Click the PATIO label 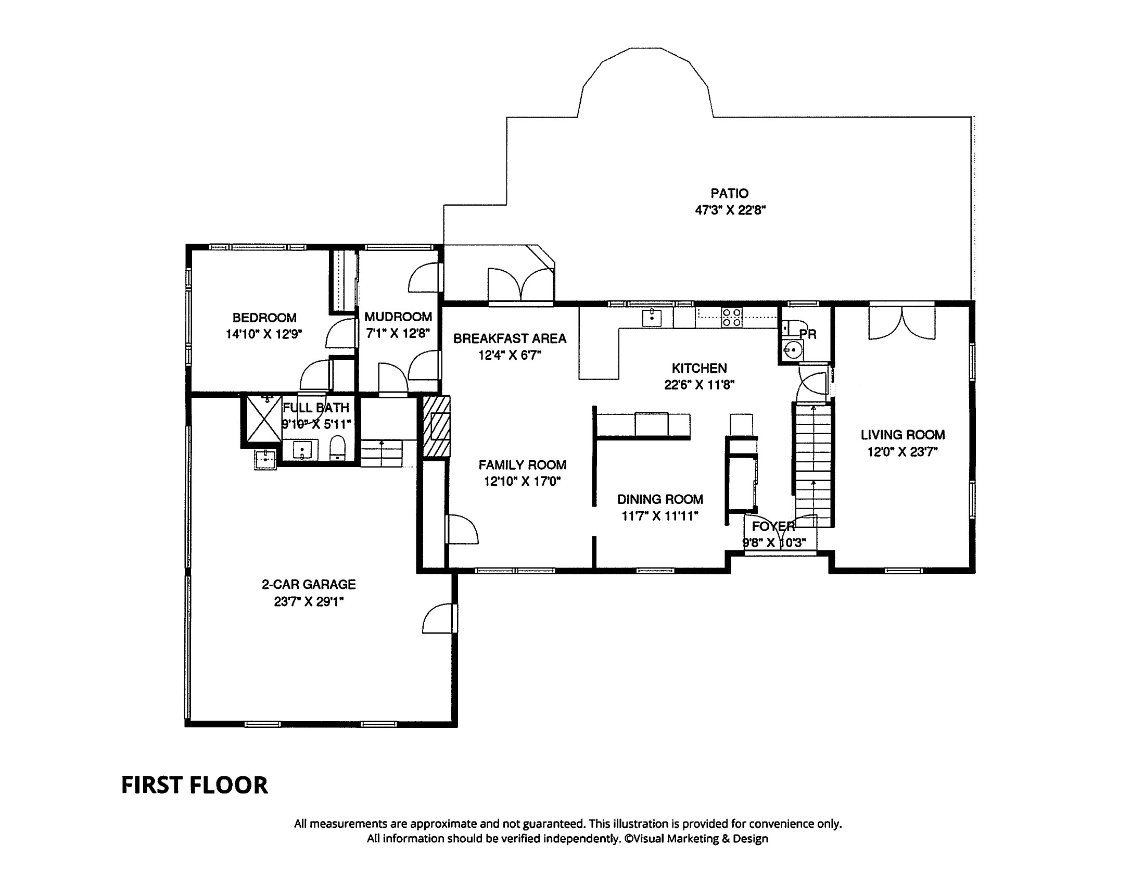(729, 193)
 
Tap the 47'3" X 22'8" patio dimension (730, 211)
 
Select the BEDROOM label (264, 318)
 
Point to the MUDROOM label (398, 317)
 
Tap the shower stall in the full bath (264, 419)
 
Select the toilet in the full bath (338, 448)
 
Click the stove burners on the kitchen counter (732, 318)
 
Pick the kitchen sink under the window (651, 318)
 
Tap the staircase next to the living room (813, 464)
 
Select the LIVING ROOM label (903, 434)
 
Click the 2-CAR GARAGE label (309, 584)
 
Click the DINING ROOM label (660, 499)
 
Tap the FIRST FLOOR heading (194, 785)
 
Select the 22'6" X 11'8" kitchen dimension (699, 385)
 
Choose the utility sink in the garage (265, 459)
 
